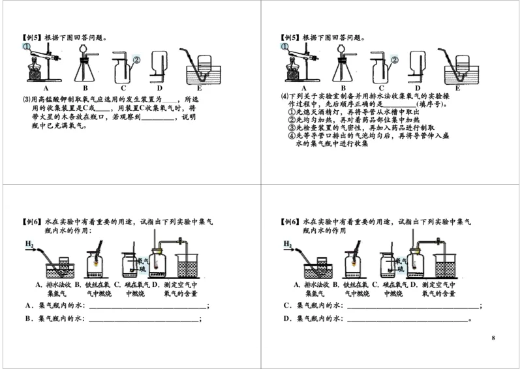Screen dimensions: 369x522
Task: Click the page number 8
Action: tap(493, 338)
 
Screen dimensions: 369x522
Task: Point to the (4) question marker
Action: tap(284, 95)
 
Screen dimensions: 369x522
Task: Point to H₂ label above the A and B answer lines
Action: tap(30, 244)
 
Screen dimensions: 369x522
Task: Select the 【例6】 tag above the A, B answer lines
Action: tap(31, 222)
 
